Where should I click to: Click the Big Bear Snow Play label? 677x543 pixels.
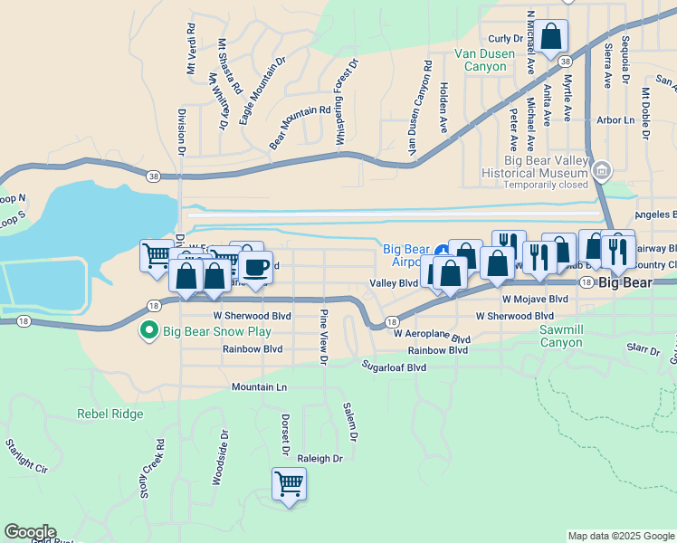217,331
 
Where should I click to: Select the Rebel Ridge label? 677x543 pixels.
110,414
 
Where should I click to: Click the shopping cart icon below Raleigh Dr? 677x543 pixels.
290,483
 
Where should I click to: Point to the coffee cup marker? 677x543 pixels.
256,267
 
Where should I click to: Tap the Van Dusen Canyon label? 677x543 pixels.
486,60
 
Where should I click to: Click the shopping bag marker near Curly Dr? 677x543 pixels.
551,37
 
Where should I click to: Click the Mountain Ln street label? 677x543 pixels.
259,386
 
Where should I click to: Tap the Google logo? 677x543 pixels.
30,532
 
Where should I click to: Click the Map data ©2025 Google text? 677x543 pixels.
621,537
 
